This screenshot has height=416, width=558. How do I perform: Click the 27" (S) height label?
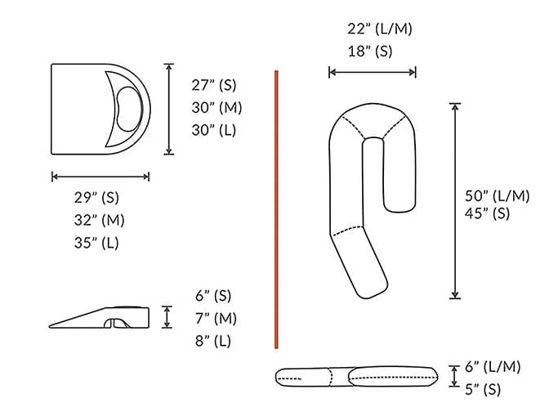click(x=217, y=85)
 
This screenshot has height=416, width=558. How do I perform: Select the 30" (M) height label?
click(x=217, y=107)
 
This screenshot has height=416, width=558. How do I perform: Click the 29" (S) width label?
click(x=100, y=198)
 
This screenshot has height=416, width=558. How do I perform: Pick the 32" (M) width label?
click(x=100, y=220)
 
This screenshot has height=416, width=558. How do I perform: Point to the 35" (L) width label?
click(x=99, y=243)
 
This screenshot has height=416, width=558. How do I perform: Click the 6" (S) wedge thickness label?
click(x=212, y=296)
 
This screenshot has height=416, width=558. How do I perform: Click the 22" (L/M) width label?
click(x=380, y=29)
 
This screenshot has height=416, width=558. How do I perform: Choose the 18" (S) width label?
click(x=370, y=51)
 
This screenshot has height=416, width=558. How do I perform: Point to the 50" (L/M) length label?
click(x=497, y=195)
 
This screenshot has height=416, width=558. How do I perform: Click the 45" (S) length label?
click(x=488, y=214)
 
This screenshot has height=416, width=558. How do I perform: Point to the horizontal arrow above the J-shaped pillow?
click(x=372, y=72)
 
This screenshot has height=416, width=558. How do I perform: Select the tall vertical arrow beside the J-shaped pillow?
click(x=455, y=200)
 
